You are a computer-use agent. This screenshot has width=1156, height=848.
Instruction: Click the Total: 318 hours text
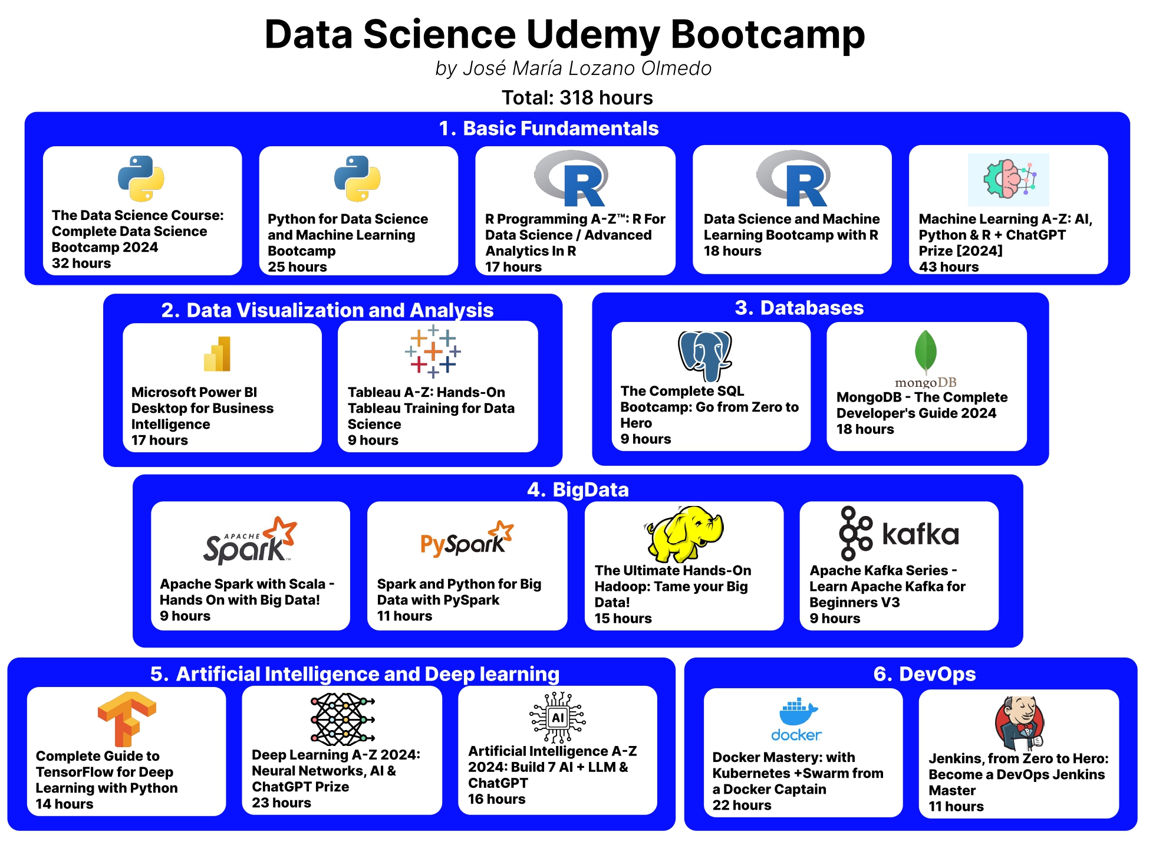[x=577, y=97]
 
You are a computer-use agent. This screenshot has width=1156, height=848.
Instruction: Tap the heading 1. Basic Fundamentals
[x=548, y=129]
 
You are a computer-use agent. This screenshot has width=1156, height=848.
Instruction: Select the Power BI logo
[x=217, y=354]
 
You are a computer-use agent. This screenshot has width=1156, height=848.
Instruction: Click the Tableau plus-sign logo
[x=433, y=351]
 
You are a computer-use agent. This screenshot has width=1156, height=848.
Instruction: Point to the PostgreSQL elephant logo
[x=704, y=356]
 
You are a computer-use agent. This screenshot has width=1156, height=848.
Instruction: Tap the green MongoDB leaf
[x=926, y=352]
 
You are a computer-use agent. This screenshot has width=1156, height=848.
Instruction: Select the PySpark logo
[x=466, y=539]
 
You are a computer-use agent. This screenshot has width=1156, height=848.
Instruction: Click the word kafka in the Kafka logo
[x=920, y=534]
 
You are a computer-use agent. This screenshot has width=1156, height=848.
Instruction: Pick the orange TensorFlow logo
[x=127, y=719]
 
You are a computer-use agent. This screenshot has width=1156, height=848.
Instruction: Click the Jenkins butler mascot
[x=1020, y=723]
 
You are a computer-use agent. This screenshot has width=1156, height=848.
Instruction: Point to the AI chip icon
[x=558, y=717]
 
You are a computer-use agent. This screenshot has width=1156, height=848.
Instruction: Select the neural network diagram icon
[x=342, y=719]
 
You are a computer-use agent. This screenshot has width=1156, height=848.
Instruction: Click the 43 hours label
[x=948, y=267]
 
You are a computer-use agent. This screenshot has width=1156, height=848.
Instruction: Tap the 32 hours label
[x=81, y=263]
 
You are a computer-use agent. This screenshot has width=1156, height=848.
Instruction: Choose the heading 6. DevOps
[x=924, y=674]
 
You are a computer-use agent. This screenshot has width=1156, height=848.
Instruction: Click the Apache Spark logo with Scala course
[x=250, y=540]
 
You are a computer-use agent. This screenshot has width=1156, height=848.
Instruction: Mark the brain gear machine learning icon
[x=1009, y=179]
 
